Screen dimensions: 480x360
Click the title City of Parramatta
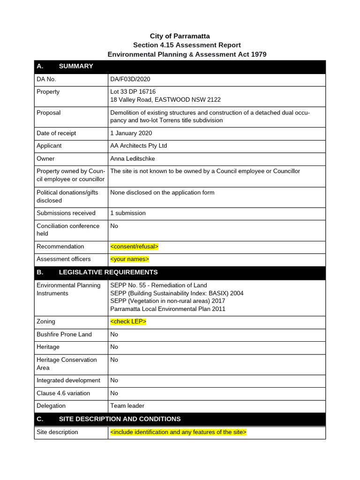(180, 36)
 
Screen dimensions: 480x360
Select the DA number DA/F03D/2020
(130, 79)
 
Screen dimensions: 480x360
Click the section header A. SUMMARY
(65, 66)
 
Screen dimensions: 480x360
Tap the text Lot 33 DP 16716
(133, 92)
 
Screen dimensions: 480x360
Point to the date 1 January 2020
(131, 133)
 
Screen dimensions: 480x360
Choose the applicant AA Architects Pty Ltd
(138, 146)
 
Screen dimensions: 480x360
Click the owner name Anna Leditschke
(132, 159)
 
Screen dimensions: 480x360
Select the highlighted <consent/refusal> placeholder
(134, 247)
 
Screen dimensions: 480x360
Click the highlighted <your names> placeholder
(129, 259)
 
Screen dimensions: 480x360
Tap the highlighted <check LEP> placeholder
(128, 322)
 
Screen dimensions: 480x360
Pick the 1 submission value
(127, 213)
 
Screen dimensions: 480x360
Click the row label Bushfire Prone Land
(64, 334)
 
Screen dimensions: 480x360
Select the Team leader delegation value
(127, 406)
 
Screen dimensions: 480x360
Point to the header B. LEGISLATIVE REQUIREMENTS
(97, 272)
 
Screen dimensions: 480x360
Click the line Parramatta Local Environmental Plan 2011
(167, 309)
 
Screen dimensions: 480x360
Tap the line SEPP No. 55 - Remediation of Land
(158, 285)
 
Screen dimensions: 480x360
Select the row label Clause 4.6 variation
(63, 393)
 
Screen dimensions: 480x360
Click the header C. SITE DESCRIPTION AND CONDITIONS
(108, 419)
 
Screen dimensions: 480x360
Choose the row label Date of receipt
(56, 133)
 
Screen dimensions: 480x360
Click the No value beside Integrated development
(114, 381)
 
